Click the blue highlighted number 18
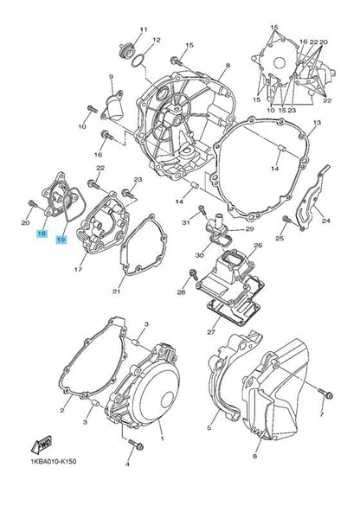42,234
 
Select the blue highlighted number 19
61,240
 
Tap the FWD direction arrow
42,445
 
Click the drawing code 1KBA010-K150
54,461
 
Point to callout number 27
211,332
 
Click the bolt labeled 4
136,444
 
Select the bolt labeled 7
325,394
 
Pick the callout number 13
317,123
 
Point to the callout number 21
116,291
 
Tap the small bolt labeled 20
32,204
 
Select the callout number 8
228,66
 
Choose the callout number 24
325,221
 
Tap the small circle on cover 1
167,400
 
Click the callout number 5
209,428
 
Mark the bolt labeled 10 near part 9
92,109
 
